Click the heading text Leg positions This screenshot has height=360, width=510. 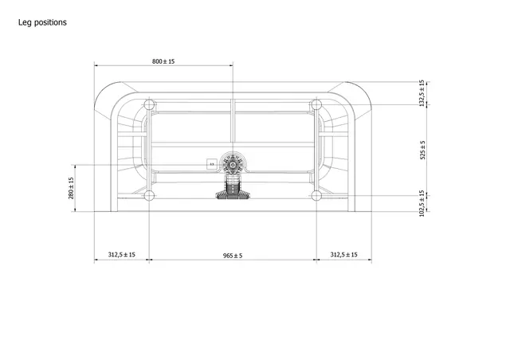(x=42, y=22)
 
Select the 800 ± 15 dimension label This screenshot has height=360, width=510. (x=163, y=61)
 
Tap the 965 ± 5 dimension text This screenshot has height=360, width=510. (x=231, y=255)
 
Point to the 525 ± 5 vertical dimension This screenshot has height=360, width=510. (x=422, y=149)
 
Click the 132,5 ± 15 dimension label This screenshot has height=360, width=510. (x=422, y=93)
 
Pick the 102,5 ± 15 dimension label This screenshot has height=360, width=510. (x=422, y=203)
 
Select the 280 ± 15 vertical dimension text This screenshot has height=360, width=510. (x=71, y=189)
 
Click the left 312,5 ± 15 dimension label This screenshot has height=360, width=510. (x=121, y=255)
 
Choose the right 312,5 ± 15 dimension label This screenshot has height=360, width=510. (x=344, y=255)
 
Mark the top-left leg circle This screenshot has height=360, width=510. (x=149, y=104)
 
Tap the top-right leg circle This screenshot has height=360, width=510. (x=316, y=104)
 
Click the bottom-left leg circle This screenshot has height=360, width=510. (x=149, y=195)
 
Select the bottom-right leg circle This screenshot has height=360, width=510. (x=316, y=195)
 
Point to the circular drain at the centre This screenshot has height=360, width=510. (x=232, y=163)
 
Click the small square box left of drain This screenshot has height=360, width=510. (x=211, y=164)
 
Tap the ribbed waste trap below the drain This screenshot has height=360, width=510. (x=232, y=191)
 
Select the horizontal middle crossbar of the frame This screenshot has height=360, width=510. (x=191, y=144)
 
